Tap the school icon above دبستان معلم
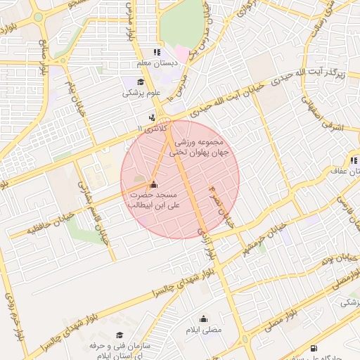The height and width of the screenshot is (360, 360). (157, 52)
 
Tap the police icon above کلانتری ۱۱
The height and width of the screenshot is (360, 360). (152, 118)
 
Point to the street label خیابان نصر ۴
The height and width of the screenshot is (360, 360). (221, 206)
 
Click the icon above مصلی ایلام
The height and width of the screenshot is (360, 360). (203, 318)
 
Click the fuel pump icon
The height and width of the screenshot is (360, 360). (313, 348)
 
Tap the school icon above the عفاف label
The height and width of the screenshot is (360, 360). (354, 160)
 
